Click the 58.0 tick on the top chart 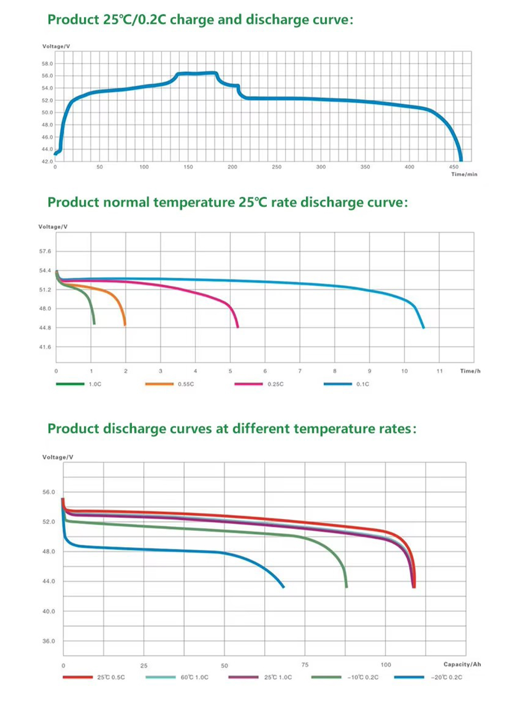tap(47, 64)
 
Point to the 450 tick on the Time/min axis tap(454, 167)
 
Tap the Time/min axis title tap(464, 174)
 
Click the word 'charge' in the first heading tap(192, 20)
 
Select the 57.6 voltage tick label tap(45, 251)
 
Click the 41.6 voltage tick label tap(45, 347)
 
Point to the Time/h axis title tap(470, 371)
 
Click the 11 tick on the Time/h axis tap(439, 371)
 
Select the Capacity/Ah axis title tap(462, 664)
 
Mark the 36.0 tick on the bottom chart tap(49, 641)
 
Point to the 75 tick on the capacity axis tap(305, 665)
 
